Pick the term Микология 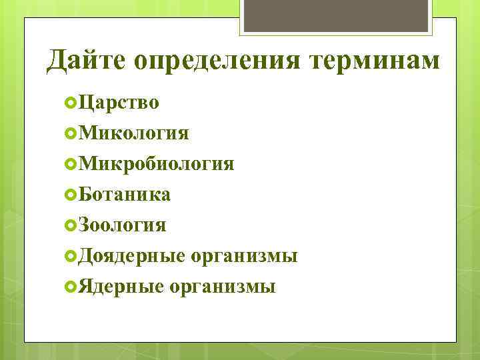coord(133,133)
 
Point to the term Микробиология coord(155,164)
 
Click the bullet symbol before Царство coord(71,103)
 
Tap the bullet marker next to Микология coord(71,133)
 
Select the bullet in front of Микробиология coord(71,164)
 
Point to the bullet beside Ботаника coord(71,195)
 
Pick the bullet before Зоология coord(71,225)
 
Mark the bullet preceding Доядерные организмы coord(71,256)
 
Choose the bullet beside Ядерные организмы coord(71,287)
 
